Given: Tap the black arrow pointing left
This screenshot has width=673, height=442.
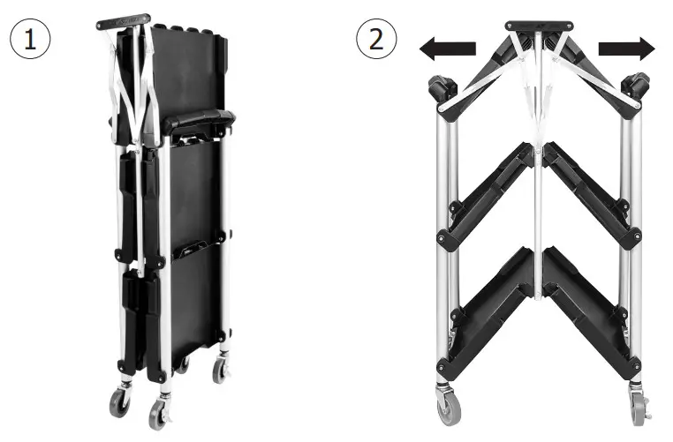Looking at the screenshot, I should click(448, 50).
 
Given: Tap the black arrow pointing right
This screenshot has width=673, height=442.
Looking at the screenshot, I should click(627, 49).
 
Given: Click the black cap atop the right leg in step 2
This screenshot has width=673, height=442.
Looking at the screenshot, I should click(634, 90).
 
